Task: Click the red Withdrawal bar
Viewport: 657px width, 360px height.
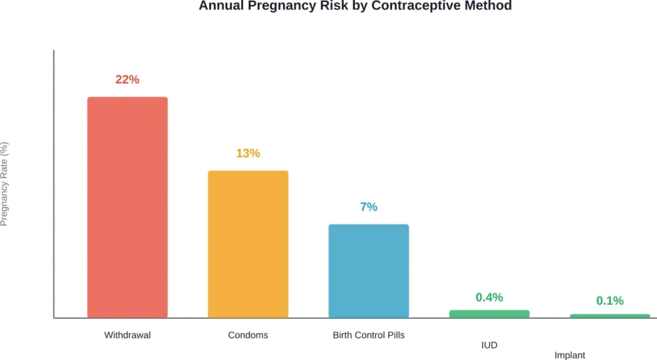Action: click(x=127, y=207)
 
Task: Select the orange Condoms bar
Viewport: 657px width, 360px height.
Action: click(x=248, y=244)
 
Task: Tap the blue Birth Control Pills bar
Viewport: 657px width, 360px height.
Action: click(x=368, y=270)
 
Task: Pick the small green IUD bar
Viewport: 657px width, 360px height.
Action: click(x=489, y=314)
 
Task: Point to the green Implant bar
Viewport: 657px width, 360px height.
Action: click(x=610, y=316)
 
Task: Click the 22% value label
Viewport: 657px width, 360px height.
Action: click(x=127, y=80)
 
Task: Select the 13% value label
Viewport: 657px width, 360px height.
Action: click(x=248, y=153)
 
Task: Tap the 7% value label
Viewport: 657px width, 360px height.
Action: click(x=368, y=207)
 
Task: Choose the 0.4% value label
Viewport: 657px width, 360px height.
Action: click(x=489, y=297)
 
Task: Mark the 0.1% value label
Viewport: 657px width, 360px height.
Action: click(x=610, y=300)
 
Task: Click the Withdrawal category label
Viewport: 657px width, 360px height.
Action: click(x=127, y=335)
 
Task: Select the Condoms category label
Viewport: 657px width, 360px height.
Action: click(x=248, y=335)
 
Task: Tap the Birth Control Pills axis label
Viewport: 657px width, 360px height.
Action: click(x=368, y=335)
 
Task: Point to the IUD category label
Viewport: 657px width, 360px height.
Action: click(x=489, y=345)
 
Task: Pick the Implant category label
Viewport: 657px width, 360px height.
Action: click(x=570, y=355)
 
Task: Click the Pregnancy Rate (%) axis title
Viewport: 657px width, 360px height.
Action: click(x=4, y=184)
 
